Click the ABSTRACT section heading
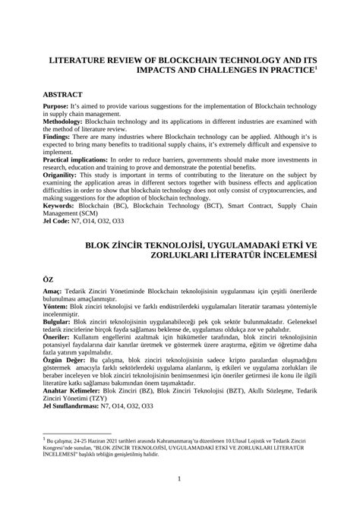[65, 95]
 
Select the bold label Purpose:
[58, 109]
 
